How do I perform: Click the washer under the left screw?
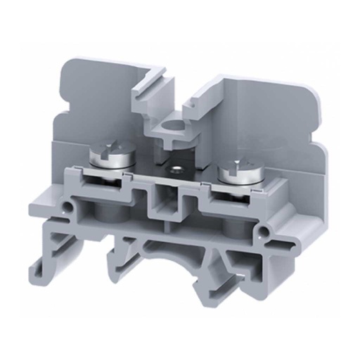point(112,169)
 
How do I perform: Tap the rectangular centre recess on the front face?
point(168,200)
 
